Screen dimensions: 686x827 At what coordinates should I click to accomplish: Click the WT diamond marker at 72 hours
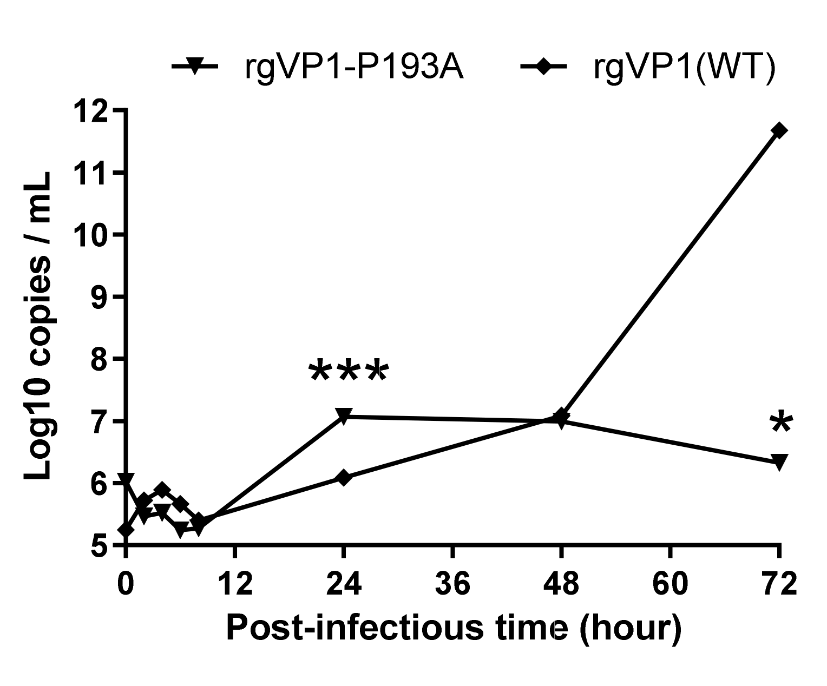779,130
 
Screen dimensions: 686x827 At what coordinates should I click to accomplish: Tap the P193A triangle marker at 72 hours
779,461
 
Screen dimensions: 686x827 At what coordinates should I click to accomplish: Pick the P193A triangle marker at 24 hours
343,415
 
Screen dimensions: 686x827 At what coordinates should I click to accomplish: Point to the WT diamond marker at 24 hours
343,478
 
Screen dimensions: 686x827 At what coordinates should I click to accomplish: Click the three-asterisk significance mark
348,372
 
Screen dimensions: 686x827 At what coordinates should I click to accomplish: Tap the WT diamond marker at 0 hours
126,530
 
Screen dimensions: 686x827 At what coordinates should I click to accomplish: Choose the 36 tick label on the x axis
452,585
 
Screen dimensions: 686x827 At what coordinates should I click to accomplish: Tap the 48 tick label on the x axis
562,585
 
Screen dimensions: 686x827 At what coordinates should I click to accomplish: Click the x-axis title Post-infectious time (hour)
454,628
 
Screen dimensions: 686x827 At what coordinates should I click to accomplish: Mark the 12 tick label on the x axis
234,585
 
